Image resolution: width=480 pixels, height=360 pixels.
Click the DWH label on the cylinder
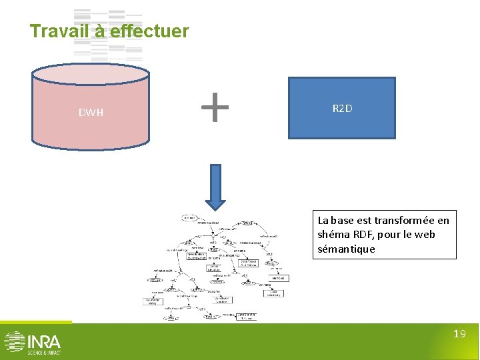pyautogui.click(x=91, y=113)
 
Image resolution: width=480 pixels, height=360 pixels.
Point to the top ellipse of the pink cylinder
pyautogui.click(x=91, y=74)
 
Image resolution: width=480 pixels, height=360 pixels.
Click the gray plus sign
pyautogui.click(x=215, y=107)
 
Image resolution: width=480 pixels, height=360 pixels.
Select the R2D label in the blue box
pyautogui.click(x=342, y=108)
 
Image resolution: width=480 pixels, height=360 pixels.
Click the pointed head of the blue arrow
pyautogui.click(x=215, y=204)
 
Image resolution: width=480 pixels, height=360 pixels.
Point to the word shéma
pyautogui.click(x=333, y=235)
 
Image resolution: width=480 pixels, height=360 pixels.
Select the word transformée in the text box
pyautogui.click(x=402, y=220)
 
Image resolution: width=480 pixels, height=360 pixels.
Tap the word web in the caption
pyautogui.click(x=425, y=235)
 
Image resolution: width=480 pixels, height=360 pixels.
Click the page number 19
pyautogui.click(x=459, y=334)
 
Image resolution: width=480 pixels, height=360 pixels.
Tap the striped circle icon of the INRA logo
pyautogui.click(x=14, y=341)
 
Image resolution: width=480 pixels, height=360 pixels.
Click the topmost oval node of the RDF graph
pyautogui.click(x=189, y=218)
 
